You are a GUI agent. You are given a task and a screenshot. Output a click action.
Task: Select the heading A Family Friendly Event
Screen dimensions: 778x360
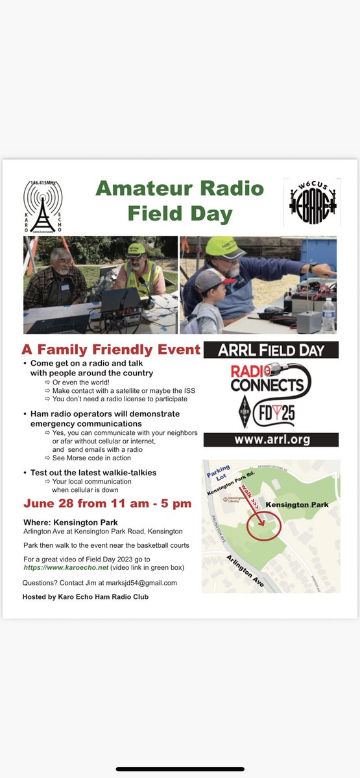(112, 350)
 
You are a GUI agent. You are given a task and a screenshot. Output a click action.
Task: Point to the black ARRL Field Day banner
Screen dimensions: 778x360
(270, 350)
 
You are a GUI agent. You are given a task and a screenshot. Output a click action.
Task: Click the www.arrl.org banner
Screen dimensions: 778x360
(270, 439)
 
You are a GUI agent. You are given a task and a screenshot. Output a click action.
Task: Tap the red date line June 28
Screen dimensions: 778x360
(107, 504)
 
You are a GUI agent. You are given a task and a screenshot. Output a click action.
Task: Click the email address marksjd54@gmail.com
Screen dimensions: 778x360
(138, 583)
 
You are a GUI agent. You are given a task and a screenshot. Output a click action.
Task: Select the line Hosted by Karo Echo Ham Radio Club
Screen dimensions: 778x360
(85, 596)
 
